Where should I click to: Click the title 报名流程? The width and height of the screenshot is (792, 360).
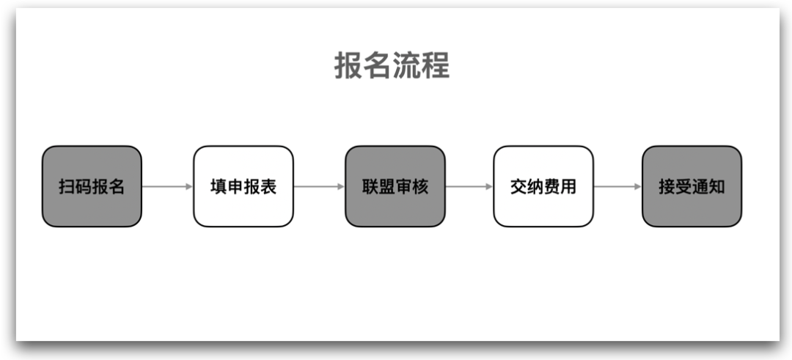392,65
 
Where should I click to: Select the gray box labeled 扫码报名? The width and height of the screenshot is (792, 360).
92,186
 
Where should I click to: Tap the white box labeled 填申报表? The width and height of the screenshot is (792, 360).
243,186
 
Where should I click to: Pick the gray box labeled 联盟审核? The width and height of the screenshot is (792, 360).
395,186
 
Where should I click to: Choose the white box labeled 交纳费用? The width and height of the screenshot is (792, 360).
543,186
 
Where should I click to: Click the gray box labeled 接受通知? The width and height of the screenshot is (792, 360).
692,186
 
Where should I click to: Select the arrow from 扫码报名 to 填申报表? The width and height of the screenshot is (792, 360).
167,186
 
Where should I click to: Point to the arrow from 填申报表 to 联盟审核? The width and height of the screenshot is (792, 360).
319,186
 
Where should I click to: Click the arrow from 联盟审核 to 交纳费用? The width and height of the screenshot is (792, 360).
469,186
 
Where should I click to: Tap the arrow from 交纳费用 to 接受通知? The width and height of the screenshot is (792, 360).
617,186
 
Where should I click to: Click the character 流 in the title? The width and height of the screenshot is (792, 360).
406,65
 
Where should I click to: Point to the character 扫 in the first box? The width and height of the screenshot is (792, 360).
67,186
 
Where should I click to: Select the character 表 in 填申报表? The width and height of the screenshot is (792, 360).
268,186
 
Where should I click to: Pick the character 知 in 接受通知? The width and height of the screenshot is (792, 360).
716,186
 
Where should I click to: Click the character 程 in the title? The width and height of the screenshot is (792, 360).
435,65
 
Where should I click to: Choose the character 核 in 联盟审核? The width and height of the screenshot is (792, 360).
420,186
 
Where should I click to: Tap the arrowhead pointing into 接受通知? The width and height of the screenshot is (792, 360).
637,186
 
